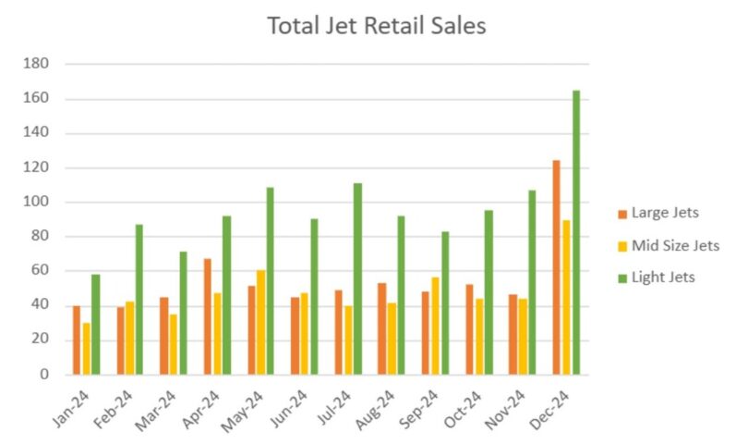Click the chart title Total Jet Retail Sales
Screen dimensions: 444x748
376,26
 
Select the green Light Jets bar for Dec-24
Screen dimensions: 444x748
576,231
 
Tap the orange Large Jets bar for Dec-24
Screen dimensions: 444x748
556,267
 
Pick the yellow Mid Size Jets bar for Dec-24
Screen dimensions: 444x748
566,297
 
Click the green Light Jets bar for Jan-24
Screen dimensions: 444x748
95,324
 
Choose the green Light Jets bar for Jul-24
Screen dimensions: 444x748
357,278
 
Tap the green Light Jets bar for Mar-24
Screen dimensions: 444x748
183,313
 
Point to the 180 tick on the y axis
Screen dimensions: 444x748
38,64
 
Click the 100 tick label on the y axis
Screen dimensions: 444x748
38,202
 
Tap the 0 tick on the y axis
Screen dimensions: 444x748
43,375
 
